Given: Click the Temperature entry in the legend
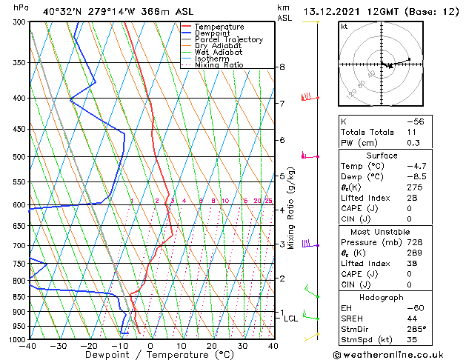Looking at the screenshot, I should click(x=219, y=27).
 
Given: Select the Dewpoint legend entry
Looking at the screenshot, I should click(x=214, y=33).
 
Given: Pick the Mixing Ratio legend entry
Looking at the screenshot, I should click(x=219, y=65).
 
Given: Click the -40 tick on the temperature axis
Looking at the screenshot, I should click(x=29, y=346).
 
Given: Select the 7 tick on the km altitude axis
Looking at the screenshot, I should click(x=282, y=103).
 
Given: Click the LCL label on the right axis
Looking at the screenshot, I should click(x=290, y=319).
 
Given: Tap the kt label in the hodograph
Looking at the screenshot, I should click(x=344, y=26).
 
